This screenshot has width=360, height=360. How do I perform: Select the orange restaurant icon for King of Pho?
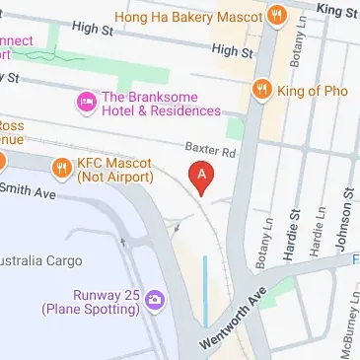261,90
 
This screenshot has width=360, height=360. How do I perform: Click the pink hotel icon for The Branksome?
86,102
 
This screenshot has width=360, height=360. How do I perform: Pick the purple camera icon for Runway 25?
153,300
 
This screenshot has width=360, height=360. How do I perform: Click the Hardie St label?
295,228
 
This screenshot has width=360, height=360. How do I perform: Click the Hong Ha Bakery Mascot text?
204,16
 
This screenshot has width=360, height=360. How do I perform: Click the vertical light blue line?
205,291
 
